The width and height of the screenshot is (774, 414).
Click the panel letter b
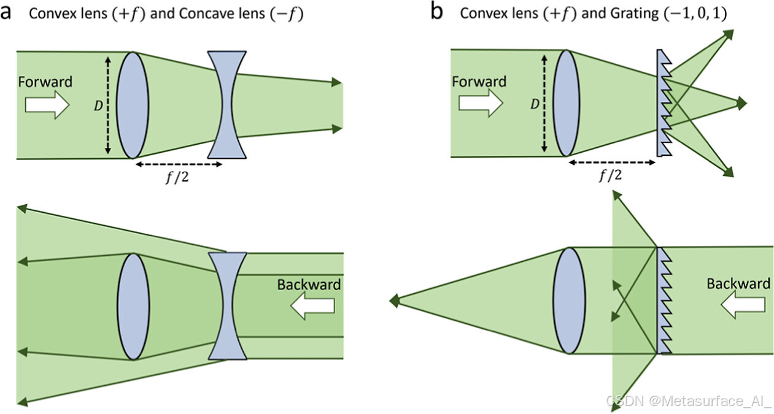[x=436, y=12]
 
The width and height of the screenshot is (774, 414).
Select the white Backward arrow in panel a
[x=313, y=305]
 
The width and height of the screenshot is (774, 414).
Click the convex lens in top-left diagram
[x=133, y=105]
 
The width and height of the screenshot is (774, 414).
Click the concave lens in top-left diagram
[x=227, y=105]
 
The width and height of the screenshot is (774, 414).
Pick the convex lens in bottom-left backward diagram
[x=133, y=306]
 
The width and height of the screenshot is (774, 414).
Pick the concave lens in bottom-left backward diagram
[x=228, y=305]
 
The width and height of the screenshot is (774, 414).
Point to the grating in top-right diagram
[x=665, y=103]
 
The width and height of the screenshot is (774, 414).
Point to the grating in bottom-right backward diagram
[x=665, y=301]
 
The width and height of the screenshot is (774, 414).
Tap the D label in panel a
[x=98, y=106]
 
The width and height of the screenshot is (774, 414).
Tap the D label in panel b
[x=534, y=104]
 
